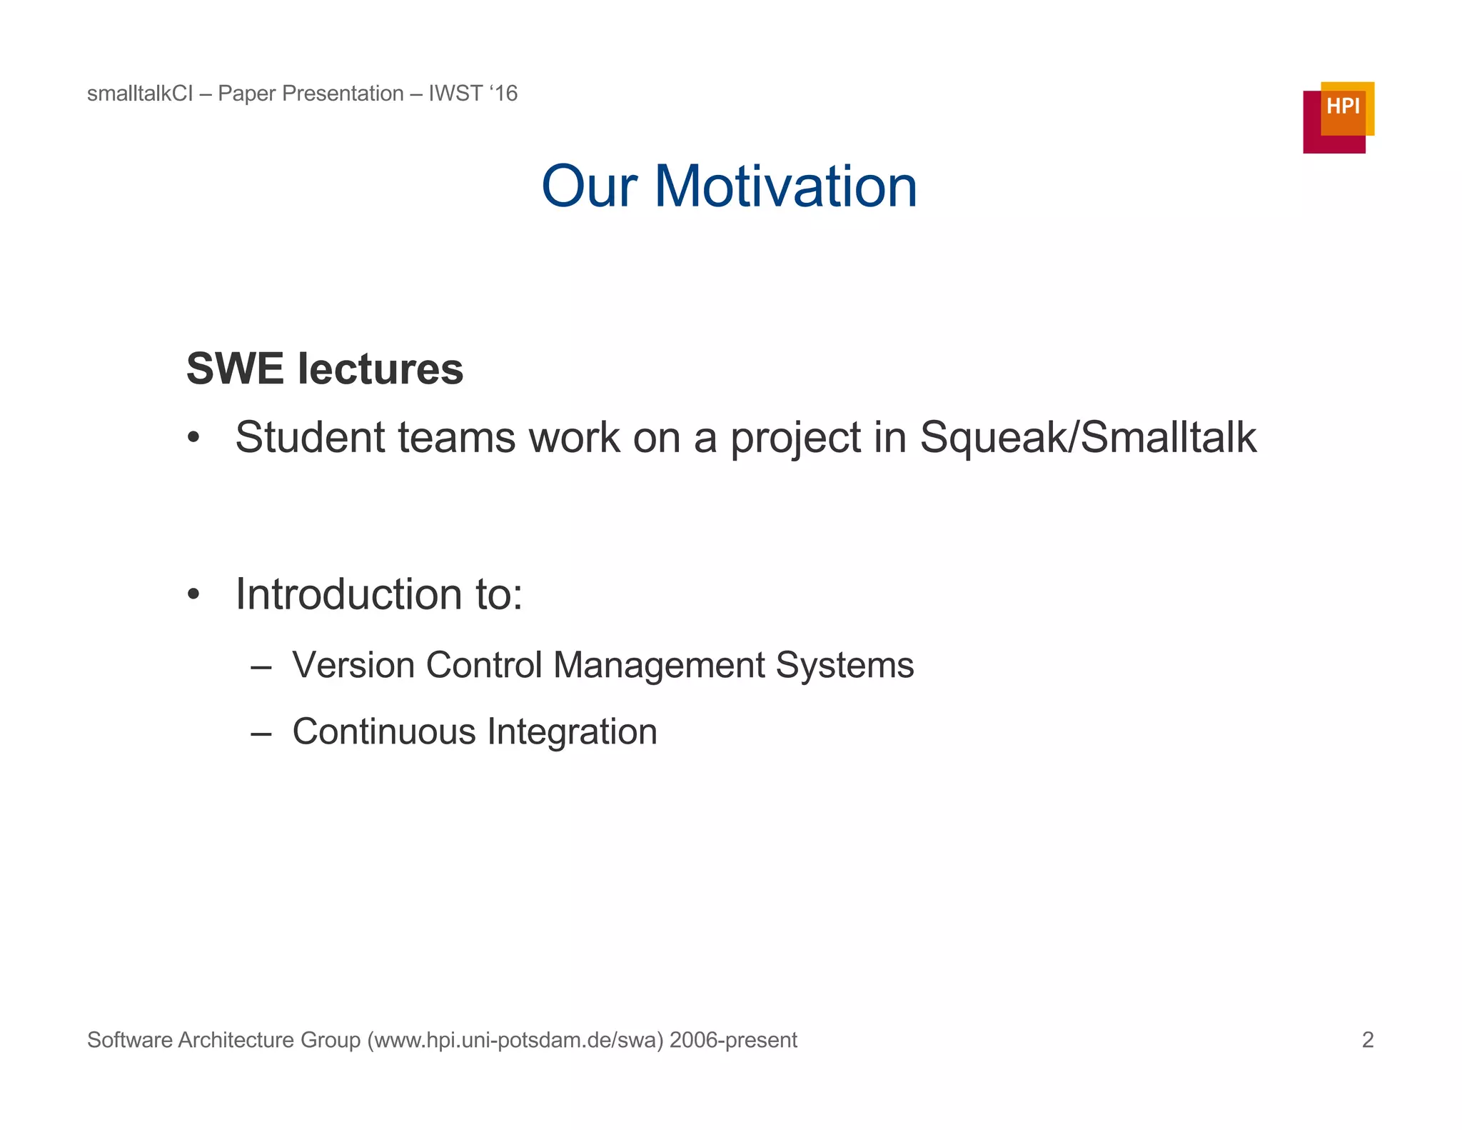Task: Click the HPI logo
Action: tap(1338, 117)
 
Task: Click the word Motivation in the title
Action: tap(785, 186)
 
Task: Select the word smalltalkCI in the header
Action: tap(140, 94)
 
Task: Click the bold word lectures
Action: tap(380, 369)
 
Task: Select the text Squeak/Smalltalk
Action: tap(1088, 437)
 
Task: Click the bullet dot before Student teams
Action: tap(193, 438)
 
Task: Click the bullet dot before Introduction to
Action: tap(193, 594)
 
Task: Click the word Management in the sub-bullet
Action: tap(658, 666)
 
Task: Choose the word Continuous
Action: tap(384, 731)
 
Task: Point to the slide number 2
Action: tap(1368, 1040)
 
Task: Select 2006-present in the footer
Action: tap(733, 1040)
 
